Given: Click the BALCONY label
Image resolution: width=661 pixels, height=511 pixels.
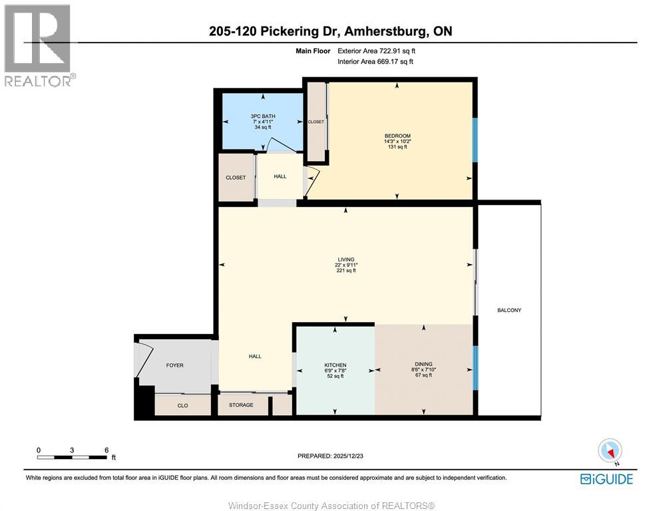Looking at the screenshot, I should click(509, 310).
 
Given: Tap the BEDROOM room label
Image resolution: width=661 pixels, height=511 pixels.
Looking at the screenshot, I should click(397, 136).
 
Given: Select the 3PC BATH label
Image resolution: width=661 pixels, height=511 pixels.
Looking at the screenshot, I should click(263, 116).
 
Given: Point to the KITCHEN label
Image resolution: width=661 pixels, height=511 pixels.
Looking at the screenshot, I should click(335, 365).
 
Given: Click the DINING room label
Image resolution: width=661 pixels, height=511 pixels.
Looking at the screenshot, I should click(423, 365).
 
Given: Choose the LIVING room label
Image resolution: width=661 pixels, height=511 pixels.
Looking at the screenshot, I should click(345, 259).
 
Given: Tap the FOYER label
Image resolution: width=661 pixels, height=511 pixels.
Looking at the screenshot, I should click(174, 365).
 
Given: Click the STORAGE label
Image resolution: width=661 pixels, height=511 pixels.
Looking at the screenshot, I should click(241, 405).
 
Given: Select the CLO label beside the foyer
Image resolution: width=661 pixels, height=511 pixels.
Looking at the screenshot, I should click(182, 405).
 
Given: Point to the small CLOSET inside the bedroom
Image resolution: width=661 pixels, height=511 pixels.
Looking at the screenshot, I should click(316, 122).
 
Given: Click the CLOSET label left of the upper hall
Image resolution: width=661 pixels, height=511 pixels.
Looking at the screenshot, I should click(236, 178).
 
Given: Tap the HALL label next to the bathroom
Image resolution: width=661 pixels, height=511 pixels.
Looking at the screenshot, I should click(280, 176).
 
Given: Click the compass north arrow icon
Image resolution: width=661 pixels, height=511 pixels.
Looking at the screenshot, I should click(610, 451).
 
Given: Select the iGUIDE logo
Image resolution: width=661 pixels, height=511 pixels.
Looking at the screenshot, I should click(606, 478).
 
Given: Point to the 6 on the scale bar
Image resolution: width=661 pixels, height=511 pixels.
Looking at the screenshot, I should click(107, 450).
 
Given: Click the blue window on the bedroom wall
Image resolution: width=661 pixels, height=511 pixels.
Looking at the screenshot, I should click(475, 140).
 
